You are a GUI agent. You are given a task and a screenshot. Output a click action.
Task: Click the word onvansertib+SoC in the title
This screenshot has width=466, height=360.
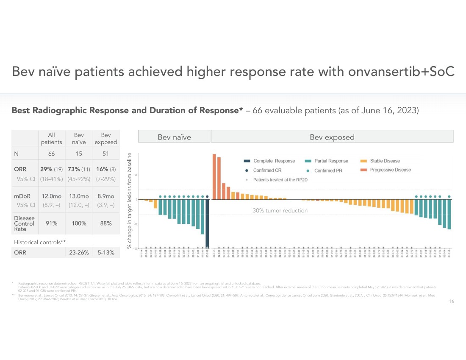[401, 73]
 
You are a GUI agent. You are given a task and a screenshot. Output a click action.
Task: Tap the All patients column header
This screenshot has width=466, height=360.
[51, 139]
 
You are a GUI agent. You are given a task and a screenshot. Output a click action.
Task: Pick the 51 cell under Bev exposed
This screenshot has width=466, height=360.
[105, 154]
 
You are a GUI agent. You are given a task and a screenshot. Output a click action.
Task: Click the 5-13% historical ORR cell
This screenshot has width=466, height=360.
[105, 253]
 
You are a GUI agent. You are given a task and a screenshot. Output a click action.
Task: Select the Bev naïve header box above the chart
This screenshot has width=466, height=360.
[174, 137]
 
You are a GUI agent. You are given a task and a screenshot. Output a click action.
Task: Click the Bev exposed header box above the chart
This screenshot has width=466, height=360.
[332, 137]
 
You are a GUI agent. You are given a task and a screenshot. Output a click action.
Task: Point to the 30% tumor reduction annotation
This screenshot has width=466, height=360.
[280, 210]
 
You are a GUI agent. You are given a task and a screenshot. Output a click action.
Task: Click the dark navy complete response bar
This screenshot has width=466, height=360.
[207, 223]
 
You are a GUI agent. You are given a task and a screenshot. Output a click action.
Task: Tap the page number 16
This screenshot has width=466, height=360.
[451, 301]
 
